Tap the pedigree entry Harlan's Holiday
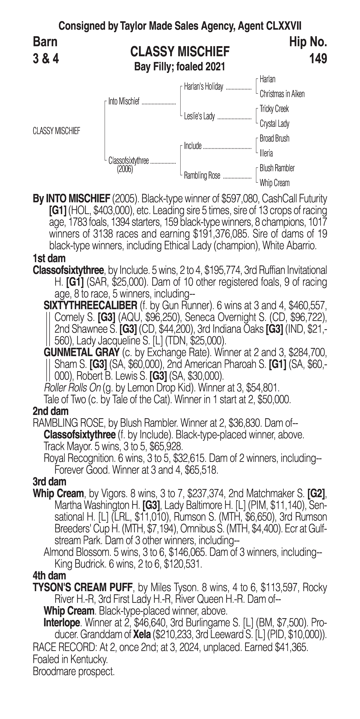point(203,87)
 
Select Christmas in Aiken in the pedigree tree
point(282,94)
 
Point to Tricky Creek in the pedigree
point(274,109)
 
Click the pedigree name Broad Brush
point(274,138)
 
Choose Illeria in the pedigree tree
point(266,153)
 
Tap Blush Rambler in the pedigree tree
point(277,168)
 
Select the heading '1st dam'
point(49,258)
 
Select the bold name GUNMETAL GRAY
point(82,353)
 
